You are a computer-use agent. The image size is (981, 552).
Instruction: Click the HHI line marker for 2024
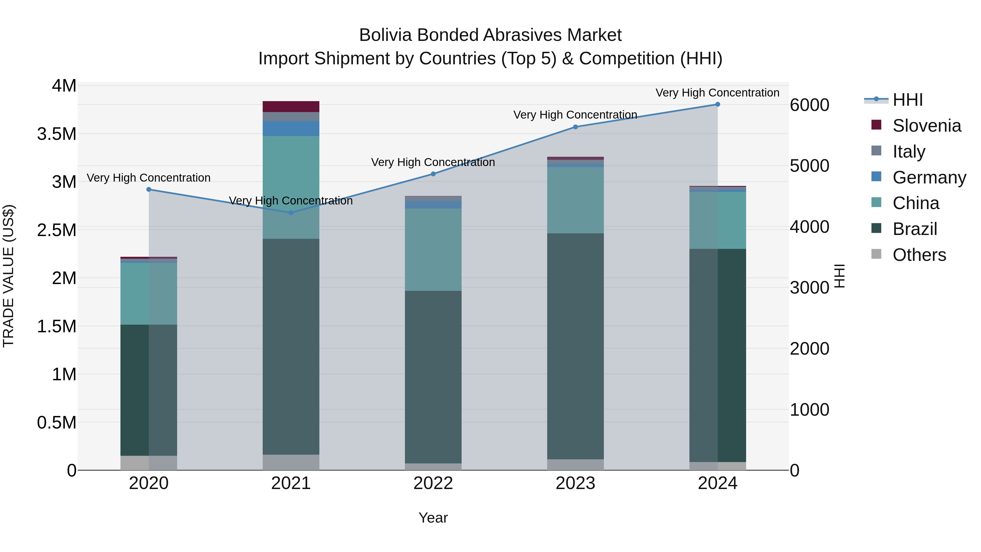(717, 104)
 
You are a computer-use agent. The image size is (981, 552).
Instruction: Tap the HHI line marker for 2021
(291, 213)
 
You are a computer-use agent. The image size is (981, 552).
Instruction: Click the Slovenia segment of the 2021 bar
(291, 107)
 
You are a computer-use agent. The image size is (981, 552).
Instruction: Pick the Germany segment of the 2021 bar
(291, 128)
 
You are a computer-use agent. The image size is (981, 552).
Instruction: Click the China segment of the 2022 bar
(433, 249)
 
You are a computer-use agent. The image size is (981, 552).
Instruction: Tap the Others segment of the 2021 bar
(291, 462)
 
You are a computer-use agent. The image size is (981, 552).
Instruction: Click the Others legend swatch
(876, 254)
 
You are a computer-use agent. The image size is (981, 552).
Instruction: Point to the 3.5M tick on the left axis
(57, 134)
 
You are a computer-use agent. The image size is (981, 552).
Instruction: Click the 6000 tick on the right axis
(809, 105)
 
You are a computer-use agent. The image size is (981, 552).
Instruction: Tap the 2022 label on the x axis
(433, 483)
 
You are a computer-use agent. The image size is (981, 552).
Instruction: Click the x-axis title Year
(433, 518)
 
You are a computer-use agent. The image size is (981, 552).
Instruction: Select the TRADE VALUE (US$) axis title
(8, 276)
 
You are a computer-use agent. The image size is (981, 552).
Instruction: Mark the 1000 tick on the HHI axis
(809, 410)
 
